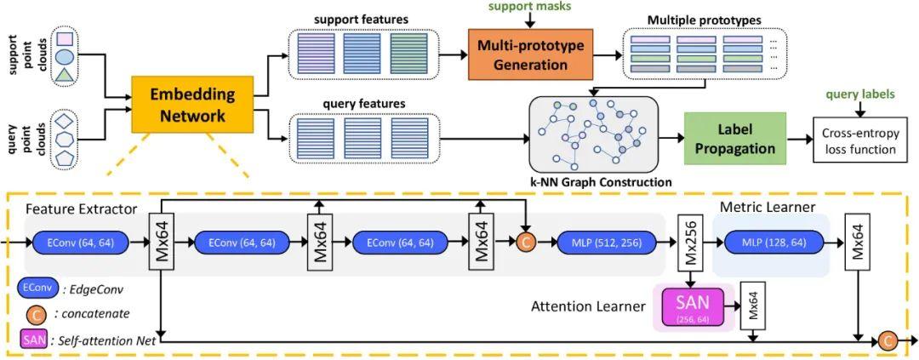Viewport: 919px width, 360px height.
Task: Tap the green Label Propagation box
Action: pos(734,138)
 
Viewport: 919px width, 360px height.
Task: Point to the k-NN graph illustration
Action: pos(593,134)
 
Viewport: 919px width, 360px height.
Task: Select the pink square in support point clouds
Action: pos(64,38)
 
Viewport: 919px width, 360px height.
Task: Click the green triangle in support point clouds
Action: pos(64,76)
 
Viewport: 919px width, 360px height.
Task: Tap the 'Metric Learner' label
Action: pos(768,208)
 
